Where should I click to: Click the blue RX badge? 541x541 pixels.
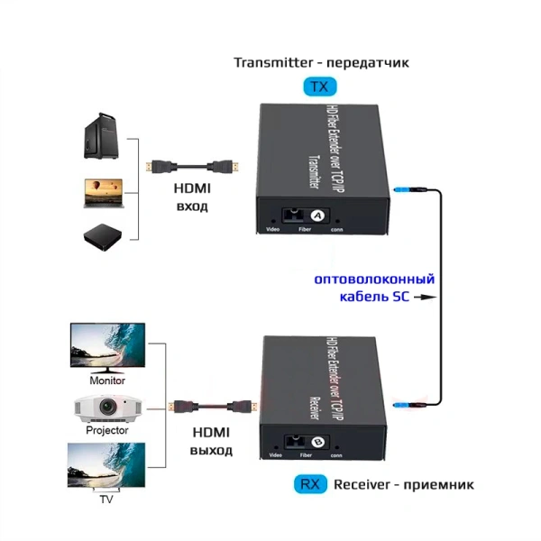coord(309,484)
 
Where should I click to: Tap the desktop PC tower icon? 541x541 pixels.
coord(101,135)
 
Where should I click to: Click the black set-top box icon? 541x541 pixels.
coord(102,235)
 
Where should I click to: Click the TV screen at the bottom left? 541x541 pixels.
coord(107,466)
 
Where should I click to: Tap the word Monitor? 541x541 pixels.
coord(107,380)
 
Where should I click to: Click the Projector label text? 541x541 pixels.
coord(107,431)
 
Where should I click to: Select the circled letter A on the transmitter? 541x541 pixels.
coord(316,216)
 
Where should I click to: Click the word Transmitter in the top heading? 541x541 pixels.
coord(267,63)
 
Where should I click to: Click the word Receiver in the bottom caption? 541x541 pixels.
coord(362,484)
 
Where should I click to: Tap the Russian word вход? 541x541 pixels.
coord(191,206)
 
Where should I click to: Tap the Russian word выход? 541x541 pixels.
coord(211,450)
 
